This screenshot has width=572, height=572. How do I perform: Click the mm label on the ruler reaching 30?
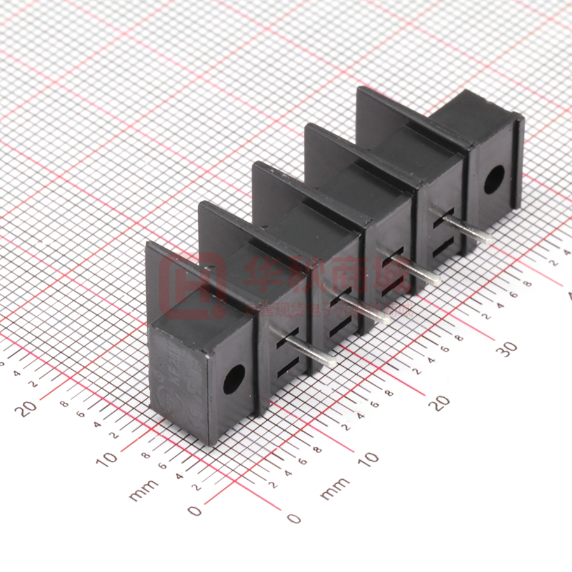pyautogui.click(x=334, y=487)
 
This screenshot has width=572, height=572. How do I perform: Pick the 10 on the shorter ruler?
pyautogui.click(x=107, y=458)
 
